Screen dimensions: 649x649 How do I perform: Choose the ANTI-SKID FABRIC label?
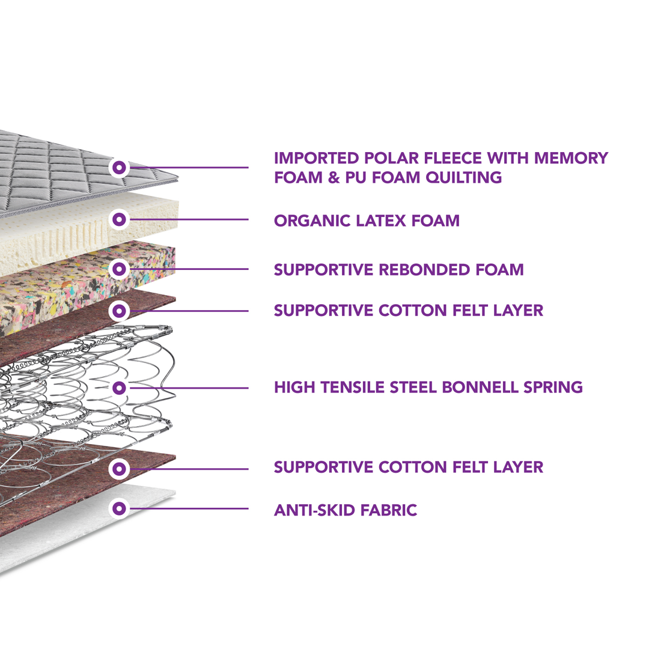pyautogui.click(x=346, y=511)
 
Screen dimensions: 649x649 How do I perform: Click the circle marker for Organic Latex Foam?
pyautogui.click(x=120, y=219)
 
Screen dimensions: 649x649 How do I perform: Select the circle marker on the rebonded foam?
pyautogui.click(x=120, y=268)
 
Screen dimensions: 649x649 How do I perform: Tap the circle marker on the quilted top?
pyautogui.click(x=120, y=166)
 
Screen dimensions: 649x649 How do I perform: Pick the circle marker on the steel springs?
pyautogui.click(x=120, y=388)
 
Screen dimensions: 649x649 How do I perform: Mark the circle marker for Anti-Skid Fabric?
pyautogui.click(x=120, y=508)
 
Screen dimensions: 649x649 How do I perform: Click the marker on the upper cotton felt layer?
pyautogui.click(x=120, y=311)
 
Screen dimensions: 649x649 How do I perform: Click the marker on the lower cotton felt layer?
pyautogui.click(x=120, y=468)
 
